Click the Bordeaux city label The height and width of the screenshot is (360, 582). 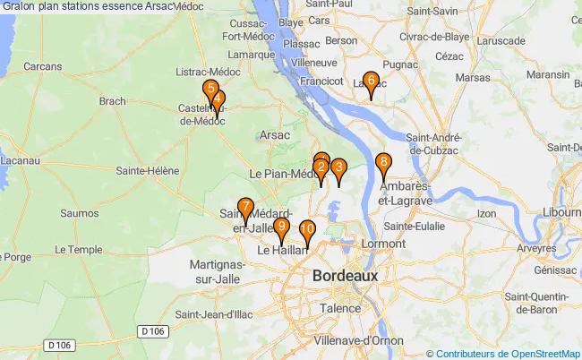pos(346,276)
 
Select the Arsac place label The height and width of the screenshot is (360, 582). pos(274,134)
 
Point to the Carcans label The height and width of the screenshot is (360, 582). pos(43,65)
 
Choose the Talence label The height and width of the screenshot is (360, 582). pos(339,307)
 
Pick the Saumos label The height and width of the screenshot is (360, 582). pos(79,213)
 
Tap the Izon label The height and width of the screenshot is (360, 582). pos(487,213)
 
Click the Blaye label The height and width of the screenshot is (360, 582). pos(291,47)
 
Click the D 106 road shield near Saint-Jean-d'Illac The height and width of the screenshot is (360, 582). pos(153,332)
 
